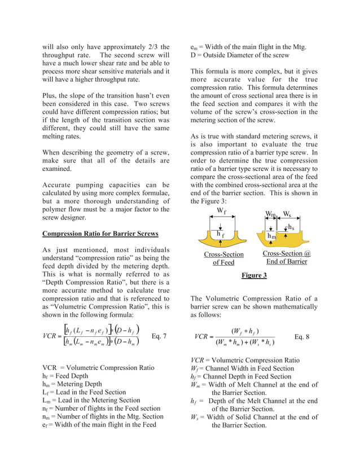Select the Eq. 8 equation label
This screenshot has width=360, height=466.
[302, 336]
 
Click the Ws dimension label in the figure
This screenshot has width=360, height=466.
[288, 214]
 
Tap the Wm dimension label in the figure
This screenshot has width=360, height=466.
[271, 214]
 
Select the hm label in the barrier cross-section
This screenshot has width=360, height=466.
[272, 236]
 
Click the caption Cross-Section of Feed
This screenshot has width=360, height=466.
[223, 258]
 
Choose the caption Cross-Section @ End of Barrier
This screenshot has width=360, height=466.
[287, 258]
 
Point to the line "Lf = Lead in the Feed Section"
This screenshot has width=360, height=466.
[84, 392]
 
